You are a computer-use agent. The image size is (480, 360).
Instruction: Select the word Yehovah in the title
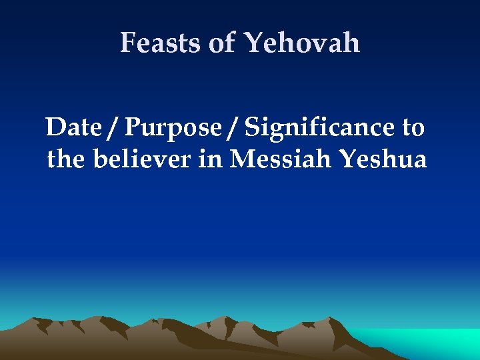pyautogui.click(x=302, y=43)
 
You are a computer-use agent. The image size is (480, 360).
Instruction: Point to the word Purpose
pyautogui.click(x=173, y=127)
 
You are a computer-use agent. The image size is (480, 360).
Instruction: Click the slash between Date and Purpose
pyautogui.click(x=115, y=127)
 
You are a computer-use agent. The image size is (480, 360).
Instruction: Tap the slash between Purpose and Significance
pyautogui.click(x=231, y=127)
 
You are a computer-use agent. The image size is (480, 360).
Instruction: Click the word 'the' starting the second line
pyautogui.click(x=66, y=159)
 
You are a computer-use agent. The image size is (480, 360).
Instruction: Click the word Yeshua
pyautogui.click(x=382, y=159)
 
